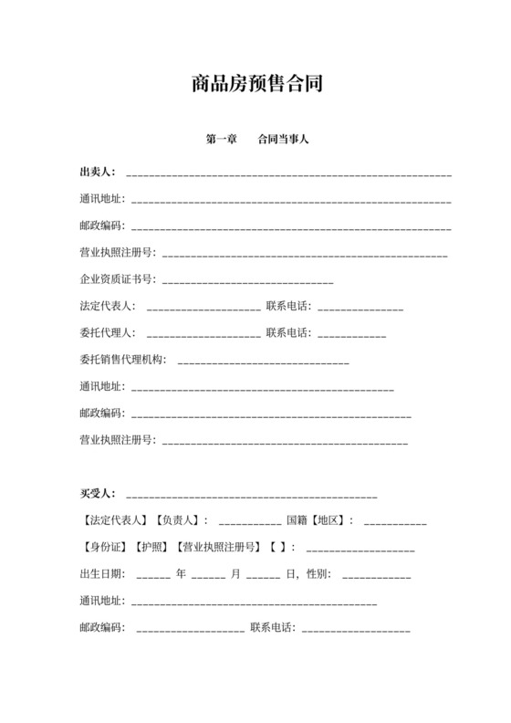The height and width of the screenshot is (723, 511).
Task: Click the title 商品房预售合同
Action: [x=255, y=85]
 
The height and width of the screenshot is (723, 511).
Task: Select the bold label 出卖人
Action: [x=97, y=172]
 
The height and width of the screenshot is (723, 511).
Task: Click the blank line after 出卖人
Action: [x=288, y=173]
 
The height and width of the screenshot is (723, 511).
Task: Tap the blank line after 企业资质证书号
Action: [x=246, y=280]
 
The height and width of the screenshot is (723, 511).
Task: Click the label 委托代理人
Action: [x=108, y=332]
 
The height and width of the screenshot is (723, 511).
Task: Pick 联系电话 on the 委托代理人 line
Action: [x=288, y=332]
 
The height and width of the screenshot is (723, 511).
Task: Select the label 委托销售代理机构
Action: [x=123, y=359]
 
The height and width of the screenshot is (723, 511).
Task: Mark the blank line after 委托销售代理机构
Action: [x=263, y=361]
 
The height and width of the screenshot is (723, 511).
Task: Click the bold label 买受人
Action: [x=97, y=494]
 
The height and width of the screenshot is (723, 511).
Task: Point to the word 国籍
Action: [x=297, y=520]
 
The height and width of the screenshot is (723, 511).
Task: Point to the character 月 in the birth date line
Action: [x=235, y=575]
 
